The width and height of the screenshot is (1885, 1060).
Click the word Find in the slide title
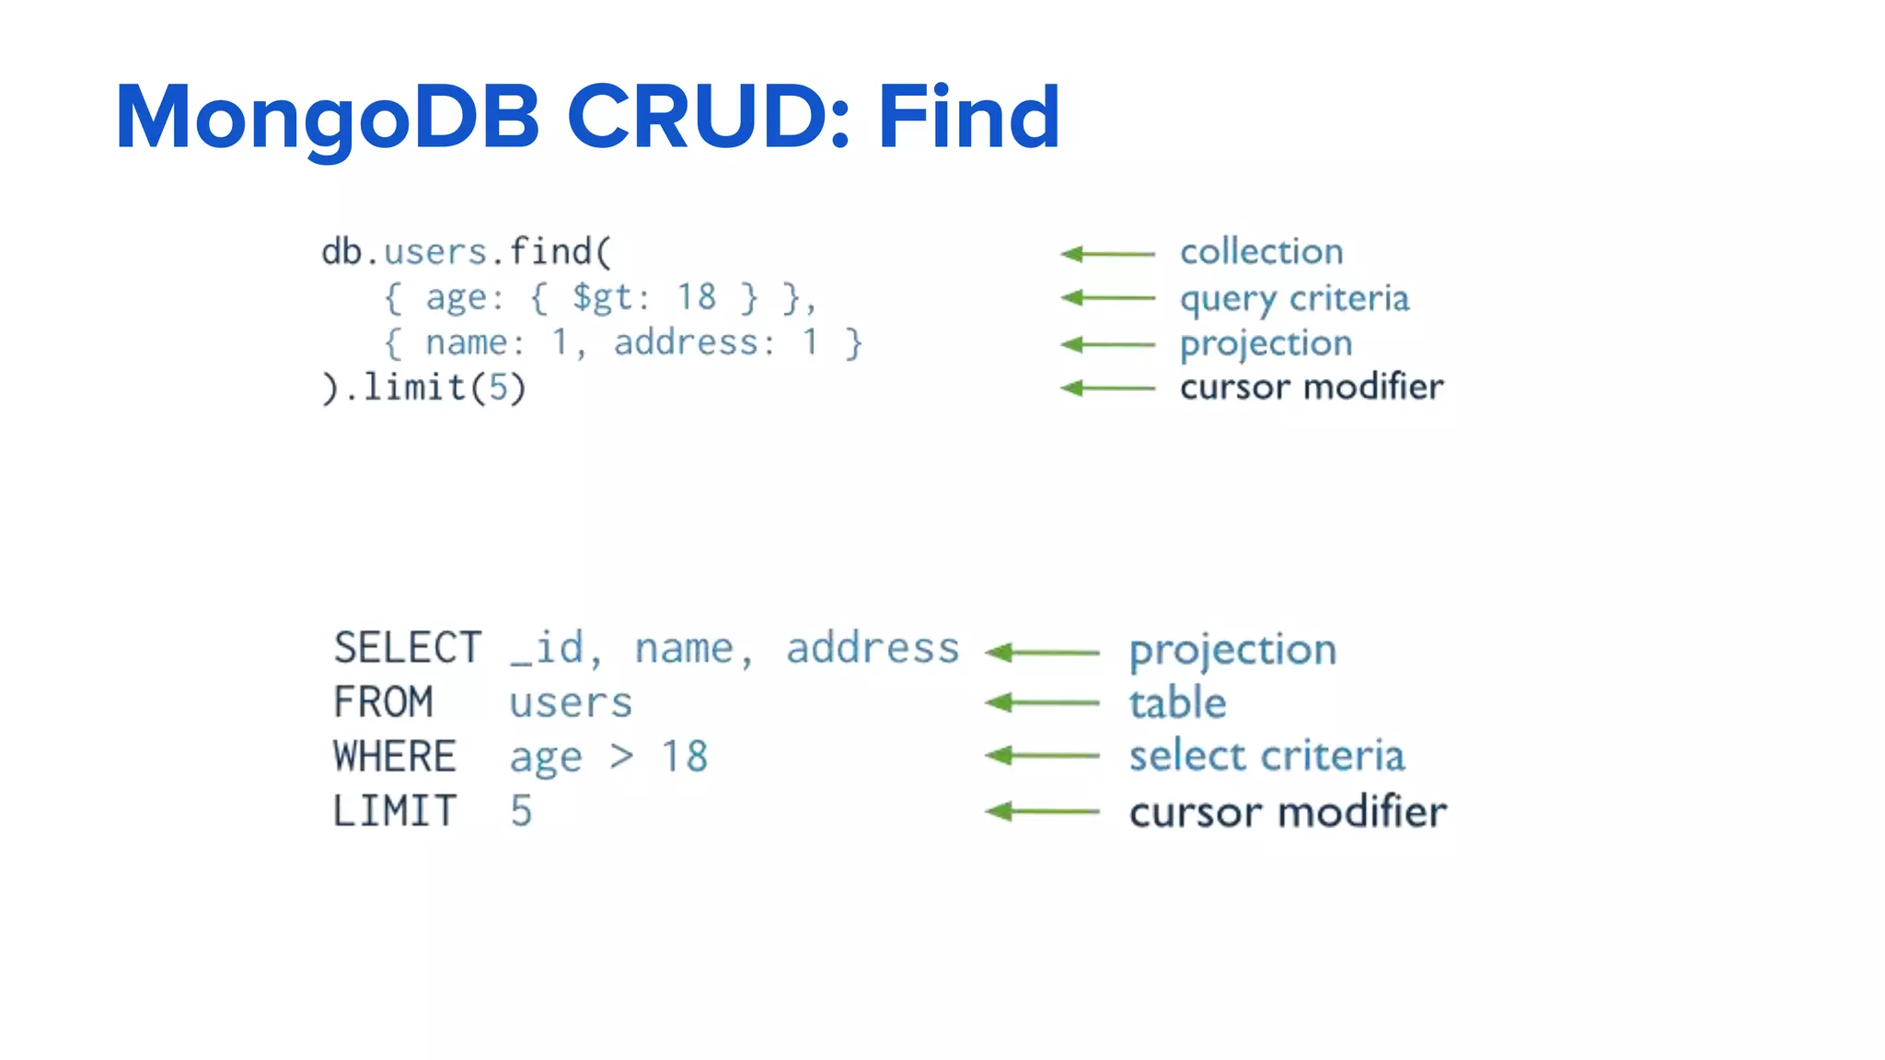click(x=968, y=117)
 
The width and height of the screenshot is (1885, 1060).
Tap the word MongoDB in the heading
click(x=328, y=117)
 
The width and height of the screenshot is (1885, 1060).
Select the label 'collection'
click(x=1261, y=251)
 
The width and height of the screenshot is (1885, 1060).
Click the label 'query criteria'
click(x=1294, y=299)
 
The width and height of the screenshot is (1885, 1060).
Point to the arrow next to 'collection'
click(x=1107, y=253)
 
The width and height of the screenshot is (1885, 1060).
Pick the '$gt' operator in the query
click(x=602, y=297)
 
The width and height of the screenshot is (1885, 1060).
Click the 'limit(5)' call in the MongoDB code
click(x=445, y=387)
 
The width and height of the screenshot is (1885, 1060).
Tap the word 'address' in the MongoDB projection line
click(x=686, y=342)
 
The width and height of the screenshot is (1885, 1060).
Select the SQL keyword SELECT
click(x=407, y=648)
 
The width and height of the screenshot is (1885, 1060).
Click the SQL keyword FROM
click(x=383, y=702)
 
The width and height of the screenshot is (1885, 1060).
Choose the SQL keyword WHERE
click(x=395, y=756)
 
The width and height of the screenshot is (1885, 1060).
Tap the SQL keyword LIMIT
click(x=395, y=812)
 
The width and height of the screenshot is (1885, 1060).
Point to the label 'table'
click(x=1177, y=703)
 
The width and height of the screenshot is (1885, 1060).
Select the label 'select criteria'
click(x=1266, y=756)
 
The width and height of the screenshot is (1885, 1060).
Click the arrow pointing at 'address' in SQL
click(x=1041, y=652)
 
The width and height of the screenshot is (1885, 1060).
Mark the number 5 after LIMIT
click(x=521, y=812)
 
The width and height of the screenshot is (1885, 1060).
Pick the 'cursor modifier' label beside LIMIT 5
click(x=1288, y=812)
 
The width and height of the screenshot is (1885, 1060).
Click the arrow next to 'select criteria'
click(x=1041, y=755)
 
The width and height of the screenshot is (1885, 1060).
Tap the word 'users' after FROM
click(x=571, y=703)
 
